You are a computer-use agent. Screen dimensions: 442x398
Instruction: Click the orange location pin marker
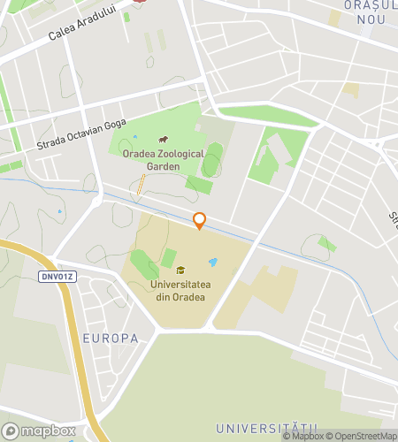(199, 220)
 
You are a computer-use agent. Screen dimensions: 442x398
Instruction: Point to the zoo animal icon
(163, 140)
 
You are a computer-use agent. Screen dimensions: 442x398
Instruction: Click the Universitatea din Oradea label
(177, 291)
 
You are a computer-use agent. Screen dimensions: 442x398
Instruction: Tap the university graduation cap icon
(180, 271)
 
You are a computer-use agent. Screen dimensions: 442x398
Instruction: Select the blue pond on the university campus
(212, 263)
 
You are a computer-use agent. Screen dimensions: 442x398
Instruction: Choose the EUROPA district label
(111, 339)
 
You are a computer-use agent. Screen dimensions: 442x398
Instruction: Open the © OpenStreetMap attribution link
(361, 436)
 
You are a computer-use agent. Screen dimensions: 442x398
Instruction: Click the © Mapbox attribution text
(303, 436)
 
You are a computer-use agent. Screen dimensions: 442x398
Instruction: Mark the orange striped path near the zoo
(141, 184)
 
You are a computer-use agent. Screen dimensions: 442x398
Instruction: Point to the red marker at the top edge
(140, 3)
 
